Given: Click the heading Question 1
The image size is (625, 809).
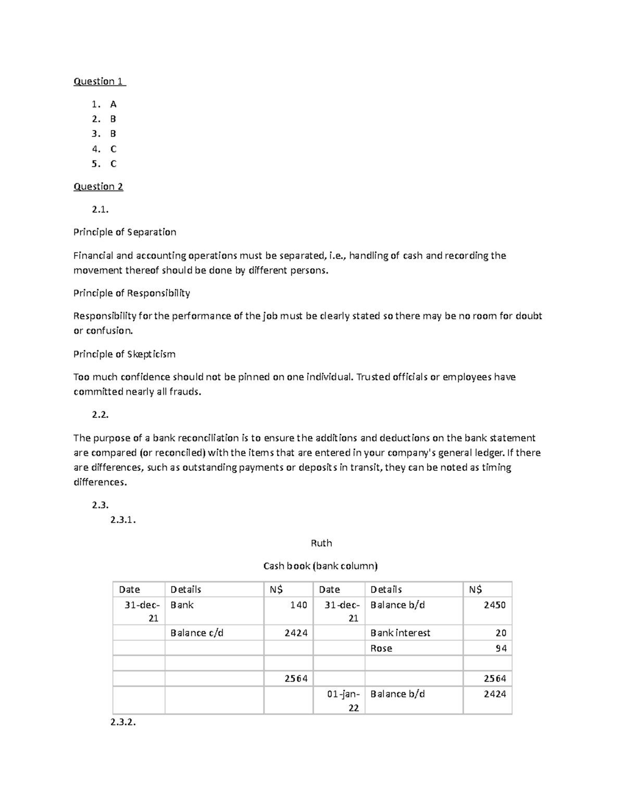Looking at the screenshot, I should click(x=99, y=81).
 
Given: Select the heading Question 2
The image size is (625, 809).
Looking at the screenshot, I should click(x=98, y=186).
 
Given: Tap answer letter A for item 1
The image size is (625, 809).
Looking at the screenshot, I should click(x=113, y=104).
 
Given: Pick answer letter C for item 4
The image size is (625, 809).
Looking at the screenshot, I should click(x=113, y=149).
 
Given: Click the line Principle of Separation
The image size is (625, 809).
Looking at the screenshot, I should click(x=124, y=232).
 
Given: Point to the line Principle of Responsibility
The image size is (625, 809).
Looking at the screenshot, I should click(x=131, y=293).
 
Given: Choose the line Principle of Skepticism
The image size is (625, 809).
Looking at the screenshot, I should click(x=124, y=354).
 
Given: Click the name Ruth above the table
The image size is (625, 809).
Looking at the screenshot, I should click(x=321, y=543).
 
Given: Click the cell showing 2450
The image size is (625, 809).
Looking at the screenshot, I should click(x=494, y=605).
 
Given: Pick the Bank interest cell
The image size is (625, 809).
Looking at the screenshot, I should click(x=400, y=633).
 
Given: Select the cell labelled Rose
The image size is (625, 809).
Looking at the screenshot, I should click(x=381, y=649).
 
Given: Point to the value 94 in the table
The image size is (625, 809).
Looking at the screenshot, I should click(x=501, y=649).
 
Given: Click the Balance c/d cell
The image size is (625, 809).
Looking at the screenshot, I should click(x=197, y=633).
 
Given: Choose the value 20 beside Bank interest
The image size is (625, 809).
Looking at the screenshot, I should click(x=501, y=633).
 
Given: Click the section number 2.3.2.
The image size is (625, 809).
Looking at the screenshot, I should click(x=123, y=723).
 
